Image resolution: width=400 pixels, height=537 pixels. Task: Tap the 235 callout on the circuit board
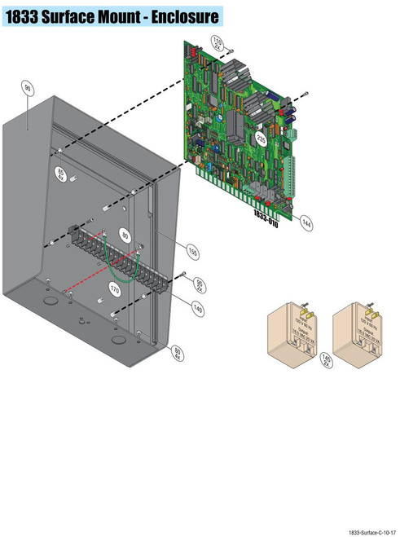coord(262,139)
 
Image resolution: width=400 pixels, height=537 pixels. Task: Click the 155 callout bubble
coord(192,250)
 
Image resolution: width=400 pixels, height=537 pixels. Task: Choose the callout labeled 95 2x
coord(200,283)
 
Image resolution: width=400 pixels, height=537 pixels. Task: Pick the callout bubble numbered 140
coord(197,309)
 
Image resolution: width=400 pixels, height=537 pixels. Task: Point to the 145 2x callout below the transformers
coord(327,359)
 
